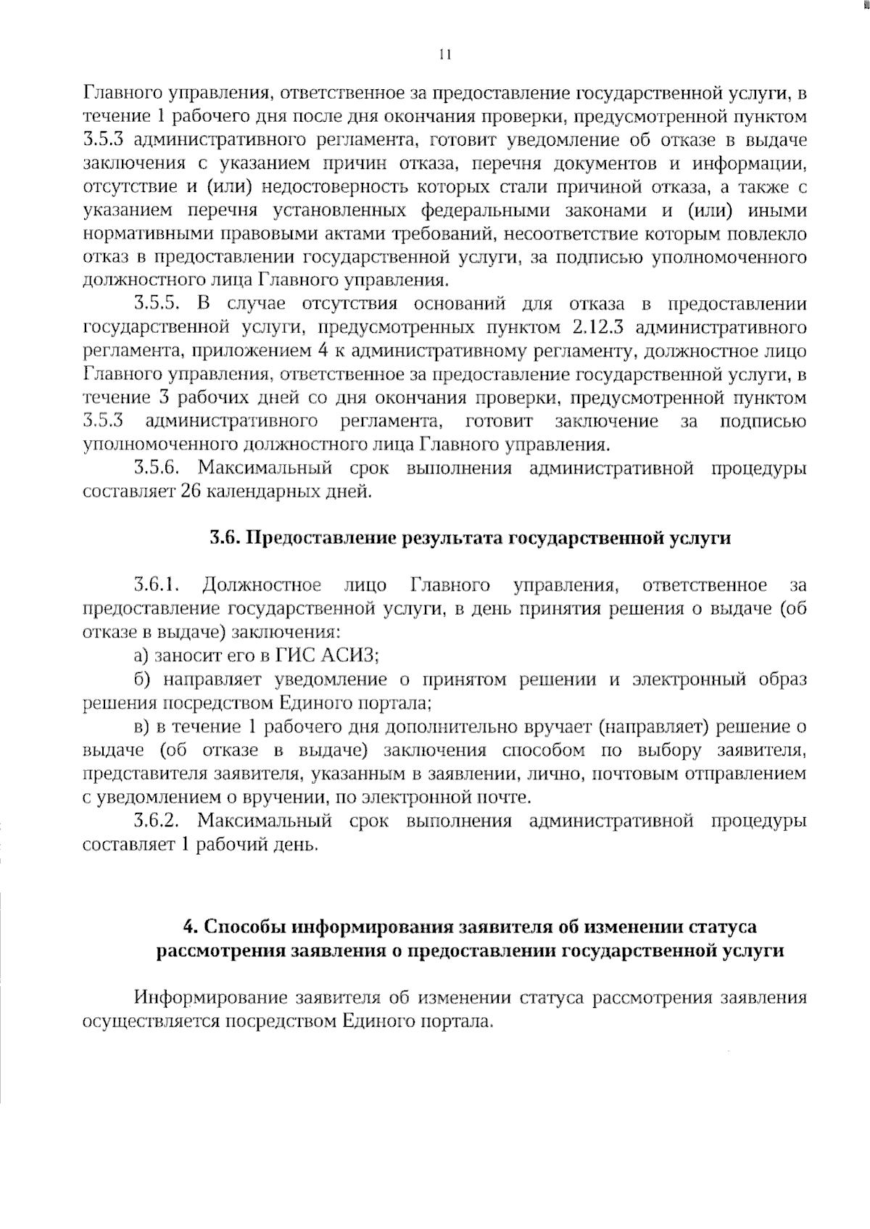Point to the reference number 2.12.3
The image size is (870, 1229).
tap(597, 328)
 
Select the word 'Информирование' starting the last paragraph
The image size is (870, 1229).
tap(209, 998)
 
